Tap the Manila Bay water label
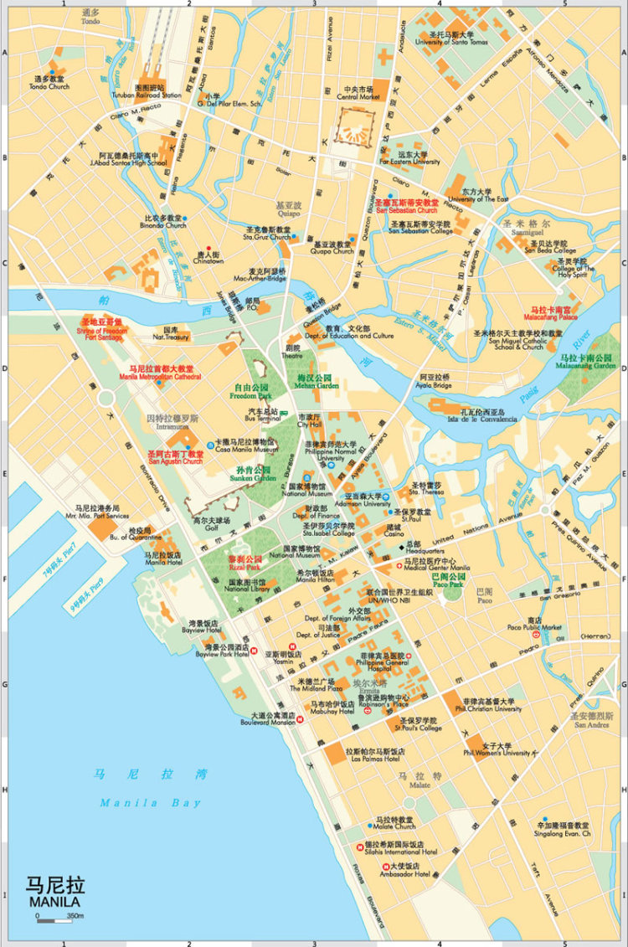pos(151,803)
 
